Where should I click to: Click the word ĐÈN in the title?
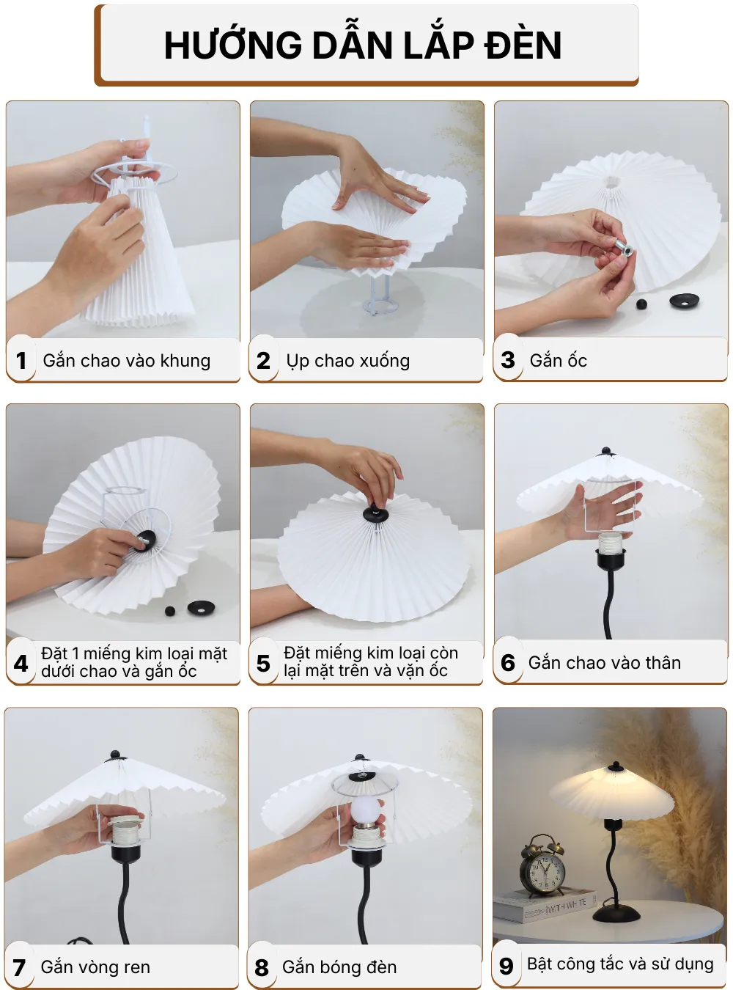point(523,45)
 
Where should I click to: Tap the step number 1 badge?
point(21,361)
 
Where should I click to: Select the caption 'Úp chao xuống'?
point(347,361)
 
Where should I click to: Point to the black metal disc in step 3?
point(685,300)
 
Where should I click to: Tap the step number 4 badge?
point(21,663)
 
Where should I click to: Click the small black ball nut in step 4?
point(170,610)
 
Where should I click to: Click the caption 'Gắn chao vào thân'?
point(604,663)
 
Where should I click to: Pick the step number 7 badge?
point(20,967)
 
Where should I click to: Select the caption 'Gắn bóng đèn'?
point(339,967)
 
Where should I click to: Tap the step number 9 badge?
point(506,966)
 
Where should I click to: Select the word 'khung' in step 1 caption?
point(185,361)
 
